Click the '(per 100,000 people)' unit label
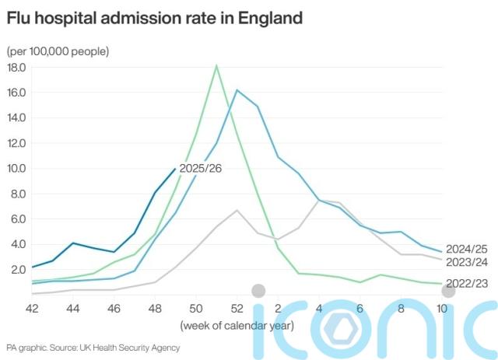coord(58,51)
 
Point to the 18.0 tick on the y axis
coord(16,68)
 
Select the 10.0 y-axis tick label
coord(16,169)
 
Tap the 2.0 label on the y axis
coord(19,270)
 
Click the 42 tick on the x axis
coord(32,307)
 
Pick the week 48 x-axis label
coord(155,307)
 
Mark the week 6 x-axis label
coord(359,307)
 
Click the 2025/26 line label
coord(200,168)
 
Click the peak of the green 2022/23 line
coord(216,65)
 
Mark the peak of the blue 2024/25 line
coord(237,91)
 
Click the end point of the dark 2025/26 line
coord(175,168)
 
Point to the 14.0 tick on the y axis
coord(16,118)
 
